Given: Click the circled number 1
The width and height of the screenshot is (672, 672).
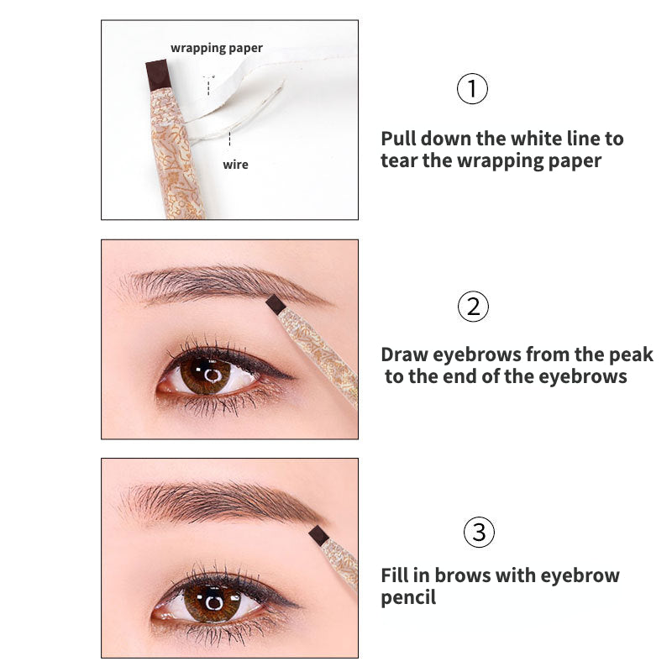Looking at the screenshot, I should coord(472,88).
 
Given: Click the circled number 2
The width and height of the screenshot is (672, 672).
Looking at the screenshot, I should coord(473,307).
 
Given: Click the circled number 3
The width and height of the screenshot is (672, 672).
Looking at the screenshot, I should coord(479,532).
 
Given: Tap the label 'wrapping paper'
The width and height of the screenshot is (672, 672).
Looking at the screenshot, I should coord(217,48).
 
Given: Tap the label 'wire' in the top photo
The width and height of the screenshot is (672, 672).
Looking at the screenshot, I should coord(235,165).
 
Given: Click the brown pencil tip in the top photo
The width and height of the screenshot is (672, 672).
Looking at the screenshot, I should coord(158,75).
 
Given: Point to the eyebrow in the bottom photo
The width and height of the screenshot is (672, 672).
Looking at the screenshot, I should coord(218,501).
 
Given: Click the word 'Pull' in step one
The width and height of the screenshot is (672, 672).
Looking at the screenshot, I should coord(399,139).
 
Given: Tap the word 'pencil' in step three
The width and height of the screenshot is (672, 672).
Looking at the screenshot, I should coord(408,598).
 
